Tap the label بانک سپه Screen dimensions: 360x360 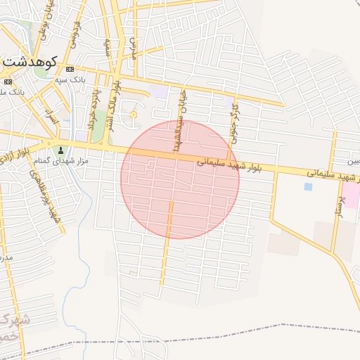(x=91, y=80)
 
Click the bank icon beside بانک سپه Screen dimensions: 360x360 (x=70, y=69)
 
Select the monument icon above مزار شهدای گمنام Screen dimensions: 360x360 (x=60, y=150)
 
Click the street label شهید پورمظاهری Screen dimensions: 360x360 (x=54, y=207)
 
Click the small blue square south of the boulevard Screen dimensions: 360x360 (x=307, y=186)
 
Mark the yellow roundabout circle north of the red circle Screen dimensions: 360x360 (x=134, y=115)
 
